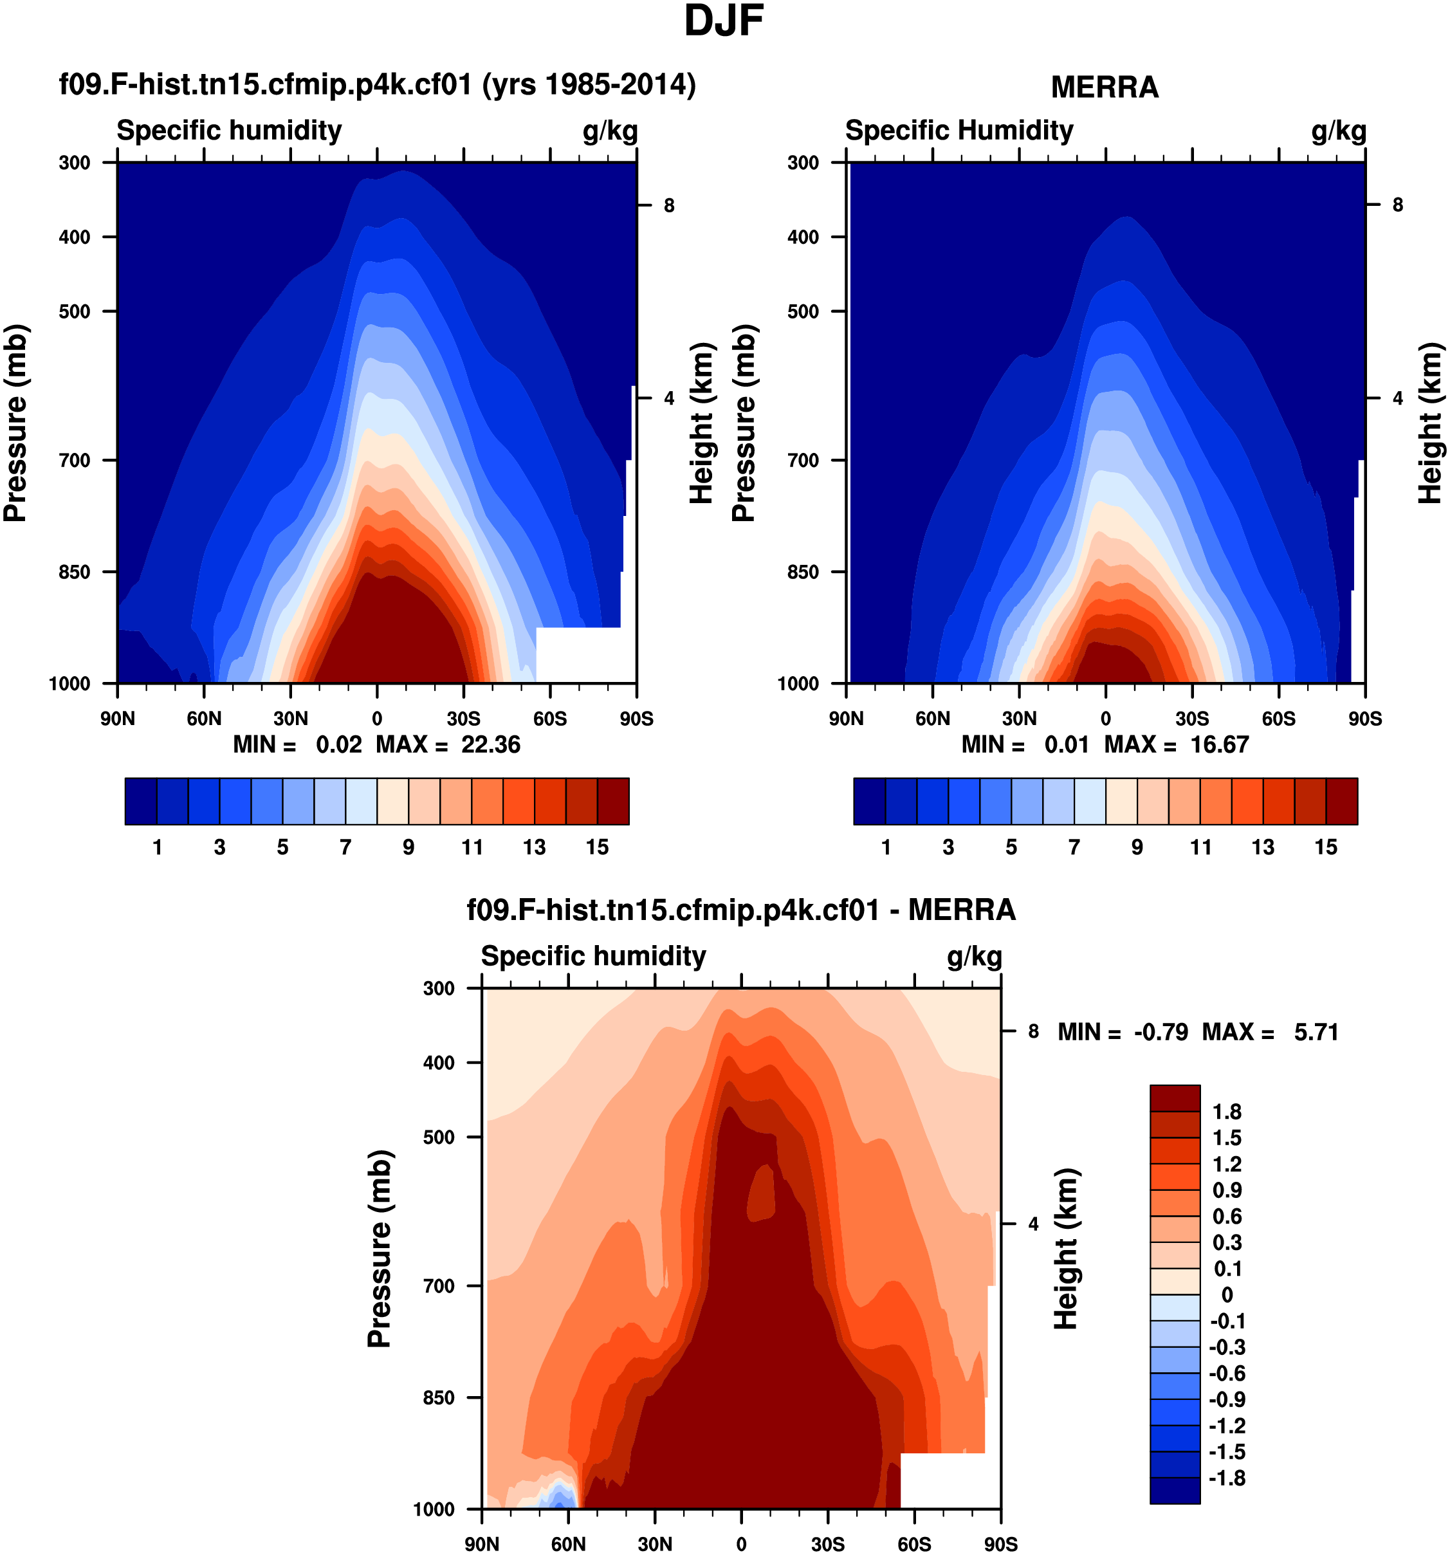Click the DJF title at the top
point(724,21)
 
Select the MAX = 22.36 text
point(448,744)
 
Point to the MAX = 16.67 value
point(1176,744)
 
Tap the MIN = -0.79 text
point(1123,1033)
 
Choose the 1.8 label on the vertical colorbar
point(1226,1112)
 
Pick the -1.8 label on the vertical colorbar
point(1226,1478)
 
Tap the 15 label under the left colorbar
point(597,847)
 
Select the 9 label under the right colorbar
point(1137,847)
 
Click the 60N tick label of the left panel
point(204,719)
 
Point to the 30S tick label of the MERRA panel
point(1192,719)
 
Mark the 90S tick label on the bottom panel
point(1000,1544)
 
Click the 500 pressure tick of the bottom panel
point(439,1137)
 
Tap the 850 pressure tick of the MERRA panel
point(803,573)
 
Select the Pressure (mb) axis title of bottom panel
point(380,1249)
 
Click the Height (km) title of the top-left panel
point(702,423)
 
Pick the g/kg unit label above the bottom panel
point(974,957)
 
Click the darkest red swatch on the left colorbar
point(612,801)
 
